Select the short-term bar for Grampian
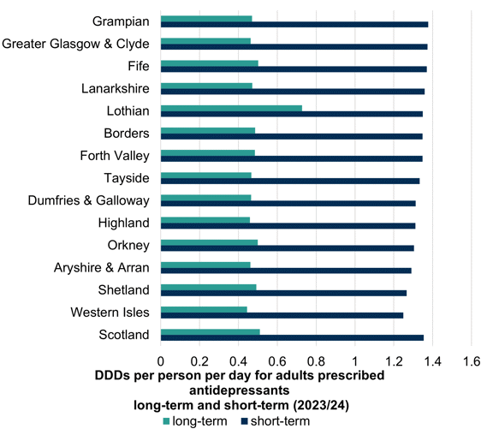(294, 24)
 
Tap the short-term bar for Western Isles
(282, 316)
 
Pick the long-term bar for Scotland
(210, 331)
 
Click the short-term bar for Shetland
(283, 293)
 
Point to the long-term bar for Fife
(209, 63)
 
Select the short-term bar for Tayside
(290, 181)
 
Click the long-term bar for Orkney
(209, 242)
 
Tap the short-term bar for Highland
(288, 226)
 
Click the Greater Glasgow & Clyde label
(76, 43)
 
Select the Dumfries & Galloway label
(88, 200)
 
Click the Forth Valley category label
(114, 155)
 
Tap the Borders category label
(126, 133)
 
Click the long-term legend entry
(196, 420)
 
